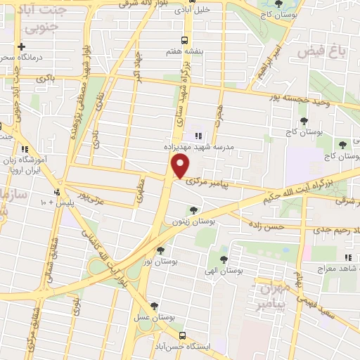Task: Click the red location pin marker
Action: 181,166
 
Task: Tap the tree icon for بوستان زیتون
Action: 193,210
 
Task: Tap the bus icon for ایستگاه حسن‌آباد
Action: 183,335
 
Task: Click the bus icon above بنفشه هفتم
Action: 184,40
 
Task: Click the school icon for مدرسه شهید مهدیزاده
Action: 198,136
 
